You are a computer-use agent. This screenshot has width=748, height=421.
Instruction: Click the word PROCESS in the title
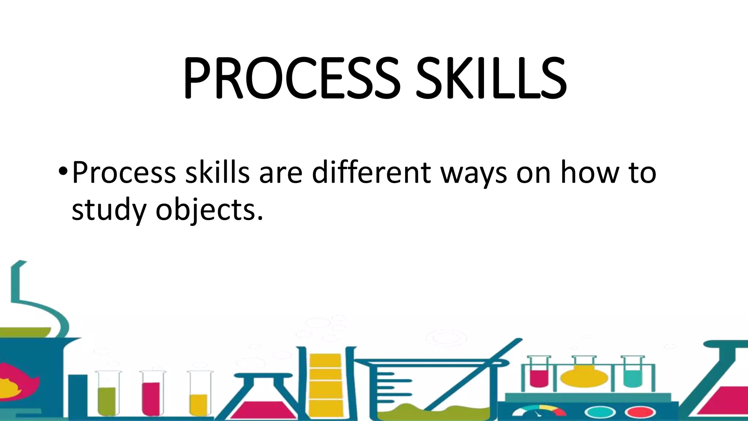tap(291, 79)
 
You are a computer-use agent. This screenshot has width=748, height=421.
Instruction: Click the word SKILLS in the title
tap(491, 79)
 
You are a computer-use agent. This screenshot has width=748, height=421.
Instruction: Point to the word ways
tap(473, 173)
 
